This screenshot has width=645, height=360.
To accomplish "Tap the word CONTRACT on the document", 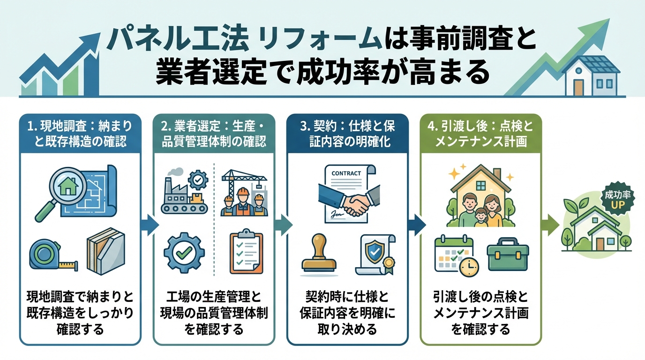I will [346, 173].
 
